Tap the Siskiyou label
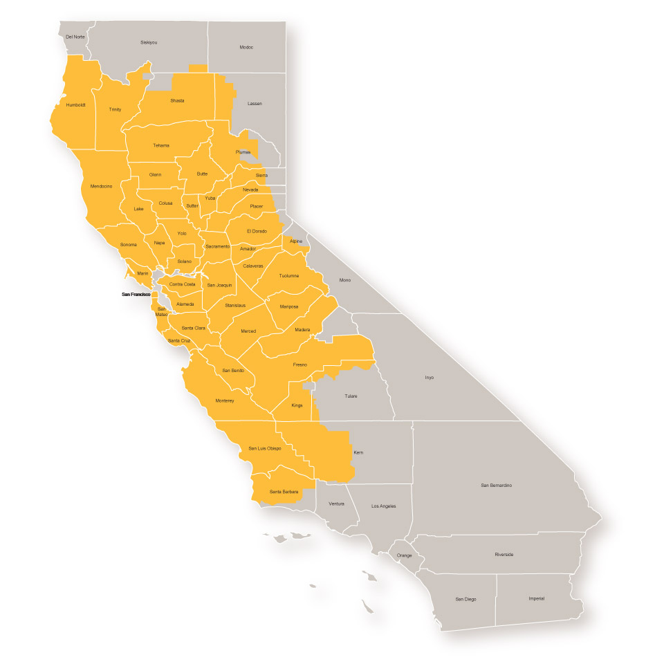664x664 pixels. click(149, 42)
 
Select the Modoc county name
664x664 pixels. click(246, 47)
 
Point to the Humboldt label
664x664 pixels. click(75, 105)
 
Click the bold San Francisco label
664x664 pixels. click(136, 295)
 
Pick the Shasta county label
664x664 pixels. click(177, 101)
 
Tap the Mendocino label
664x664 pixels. click(101, 186)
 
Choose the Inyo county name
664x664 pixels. click(429, 378)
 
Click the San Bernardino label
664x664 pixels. click(496, 486)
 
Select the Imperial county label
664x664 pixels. click(536, 598)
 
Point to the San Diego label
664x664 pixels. click(465, 598)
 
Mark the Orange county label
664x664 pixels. click(404, 555)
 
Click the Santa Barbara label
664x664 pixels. click(284, 492)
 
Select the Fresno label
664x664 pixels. click(299, 365)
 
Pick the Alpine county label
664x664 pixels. click(296, 241)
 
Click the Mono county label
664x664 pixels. click(345, 280)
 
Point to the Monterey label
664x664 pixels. click(225, 400)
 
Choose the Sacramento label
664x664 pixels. click(217, 246)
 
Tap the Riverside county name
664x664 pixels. click(504, 555)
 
